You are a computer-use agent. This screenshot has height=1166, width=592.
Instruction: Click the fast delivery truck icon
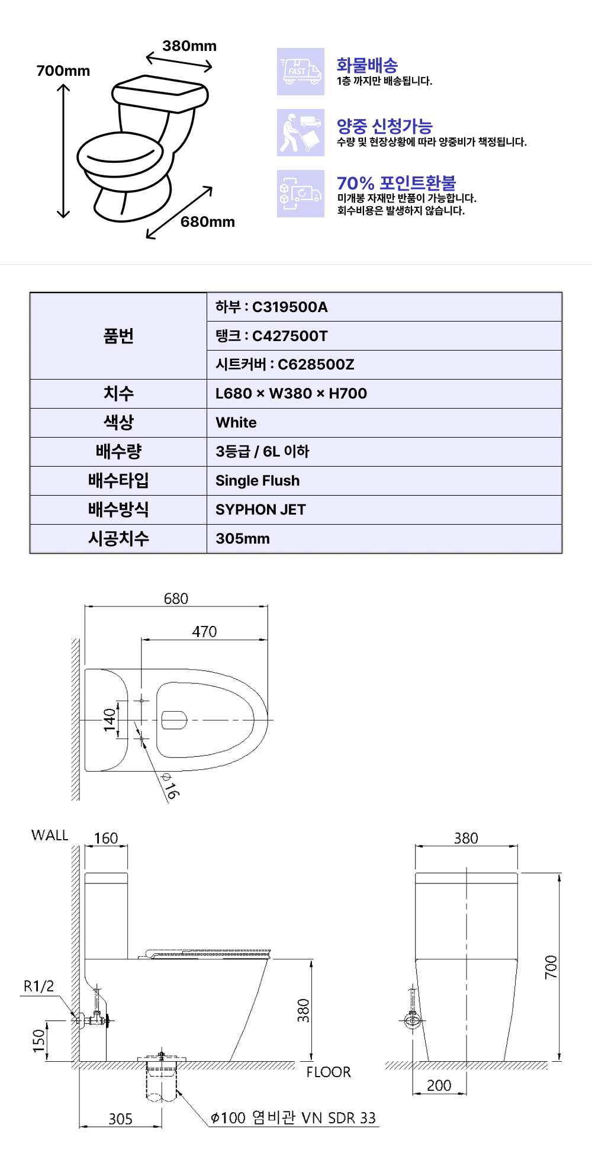pos(300,72)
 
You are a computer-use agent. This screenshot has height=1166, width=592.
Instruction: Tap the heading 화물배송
pos(367,65)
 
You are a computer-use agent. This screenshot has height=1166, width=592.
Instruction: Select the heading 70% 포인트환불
pos(396,183)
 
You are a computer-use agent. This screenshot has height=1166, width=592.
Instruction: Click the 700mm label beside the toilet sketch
pos(63,71)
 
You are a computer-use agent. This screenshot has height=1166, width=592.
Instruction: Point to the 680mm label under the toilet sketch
pos(207,222)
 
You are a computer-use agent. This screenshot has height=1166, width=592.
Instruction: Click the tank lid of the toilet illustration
pos(160,92)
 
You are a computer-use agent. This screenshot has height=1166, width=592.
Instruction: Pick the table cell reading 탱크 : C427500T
pos(272,336)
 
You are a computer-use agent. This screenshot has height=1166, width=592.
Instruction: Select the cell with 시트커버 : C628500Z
pos(285,365)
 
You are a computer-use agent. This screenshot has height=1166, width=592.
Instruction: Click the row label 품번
pos(118,336)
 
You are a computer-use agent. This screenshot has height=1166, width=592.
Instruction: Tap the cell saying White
pos(236,423)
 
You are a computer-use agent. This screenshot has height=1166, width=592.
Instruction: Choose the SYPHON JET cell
pos(260,510)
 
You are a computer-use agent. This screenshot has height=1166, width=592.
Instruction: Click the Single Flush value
pos(258,481)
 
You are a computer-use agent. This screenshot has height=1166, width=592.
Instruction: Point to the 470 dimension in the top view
pos(204,632)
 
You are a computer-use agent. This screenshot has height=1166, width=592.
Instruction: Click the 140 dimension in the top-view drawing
pos(110,720)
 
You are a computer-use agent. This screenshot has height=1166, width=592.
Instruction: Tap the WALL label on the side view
pos(50,836)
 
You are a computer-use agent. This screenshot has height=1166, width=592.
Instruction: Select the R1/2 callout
pos(38,987)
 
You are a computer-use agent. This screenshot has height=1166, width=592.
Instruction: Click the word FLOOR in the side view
pos(329,1072)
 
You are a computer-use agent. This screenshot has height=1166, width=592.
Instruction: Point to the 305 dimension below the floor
pos(120,1119)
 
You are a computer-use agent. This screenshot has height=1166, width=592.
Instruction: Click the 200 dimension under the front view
pos(439,1086)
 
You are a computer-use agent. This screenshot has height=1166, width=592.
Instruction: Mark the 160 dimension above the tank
pos(106,839)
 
